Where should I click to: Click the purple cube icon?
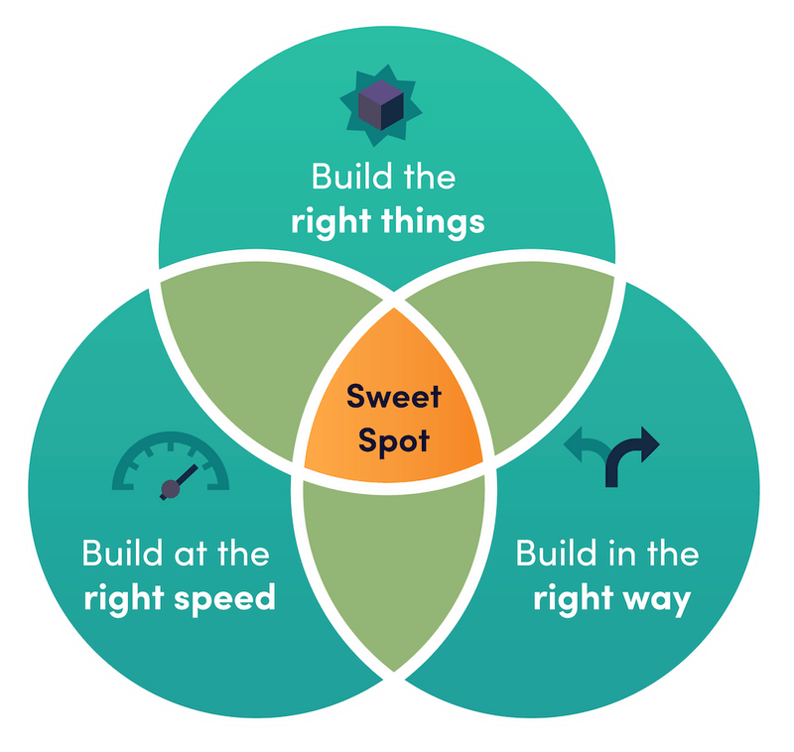tap(381, 105)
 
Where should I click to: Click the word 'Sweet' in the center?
tap(394, 396)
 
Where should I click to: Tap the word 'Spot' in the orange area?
tap(394, 440)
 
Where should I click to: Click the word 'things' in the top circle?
tap(433, 222)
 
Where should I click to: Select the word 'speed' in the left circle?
tap(225, 597)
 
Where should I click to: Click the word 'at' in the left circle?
tap(191, 555)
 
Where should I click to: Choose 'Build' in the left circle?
tap(122, 553)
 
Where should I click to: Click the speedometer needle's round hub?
tap(170, 489)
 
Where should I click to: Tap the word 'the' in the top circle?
tap(430, 177)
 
